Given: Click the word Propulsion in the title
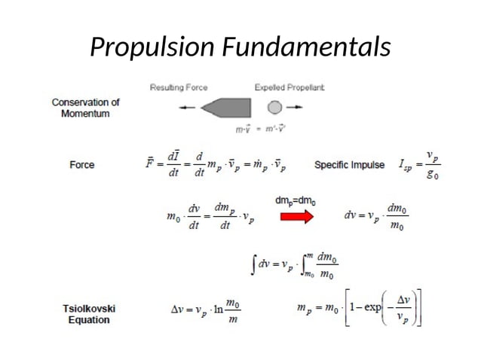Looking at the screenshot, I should pos(153,47).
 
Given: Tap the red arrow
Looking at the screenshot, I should pos(298,217).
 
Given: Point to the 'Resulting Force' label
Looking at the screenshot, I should pos(179,87).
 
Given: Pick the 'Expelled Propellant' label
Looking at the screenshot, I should pos(290,87).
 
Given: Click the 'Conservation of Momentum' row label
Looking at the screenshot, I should pos(85,108).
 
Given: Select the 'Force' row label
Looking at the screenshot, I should pos(82,164).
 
